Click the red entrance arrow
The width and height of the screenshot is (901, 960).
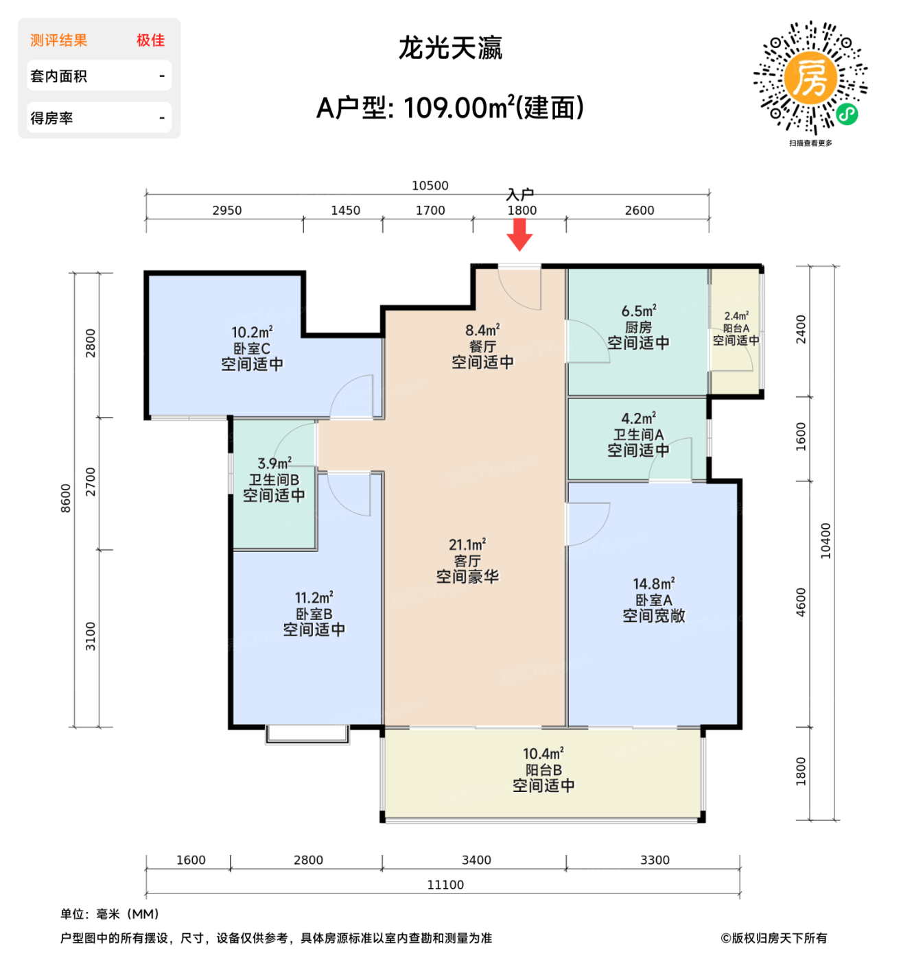tap(520, 235)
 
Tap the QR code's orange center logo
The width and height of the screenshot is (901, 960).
tap(810, 78)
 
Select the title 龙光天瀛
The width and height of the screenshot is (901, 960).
tap(450, 49)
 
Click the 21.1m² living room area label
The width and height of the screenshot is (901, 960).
tap(467, 545)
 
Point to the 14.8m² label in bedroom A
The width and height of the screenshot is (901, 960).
tap(653, 584)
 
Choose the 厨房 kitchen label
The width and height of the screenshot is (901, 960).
tap(638, 328)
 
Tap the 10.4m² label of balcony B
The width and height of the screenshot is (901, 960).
tap(543, 754)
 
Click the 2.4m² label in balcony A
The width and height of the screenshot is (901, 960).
tap(736, 316)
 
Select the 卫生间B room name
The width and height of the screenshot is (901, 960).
tap(274, 480)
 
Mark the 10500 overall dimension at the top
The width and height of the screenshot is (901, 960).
tap(430, 186)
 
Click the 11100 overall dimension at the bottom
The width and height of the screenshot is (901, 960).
tap(445, 885)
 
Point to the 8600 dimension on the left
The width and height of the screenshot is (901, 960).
tap(66, 499)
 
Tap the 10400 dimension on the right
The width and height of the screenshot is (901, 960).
tap(826, 540)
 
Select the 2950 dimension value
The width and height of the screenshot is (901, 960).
tap(226, 211)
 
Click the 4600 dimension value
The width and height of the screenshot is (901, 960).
tap(801, 602)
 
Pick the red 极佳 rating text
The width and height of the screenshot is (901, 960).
tap(150, 40)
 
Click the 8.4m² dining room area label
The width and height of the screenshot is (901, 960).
tap(482, 331)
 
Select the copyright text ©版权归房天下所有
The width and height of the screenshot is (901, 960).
tap(773, 938)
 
